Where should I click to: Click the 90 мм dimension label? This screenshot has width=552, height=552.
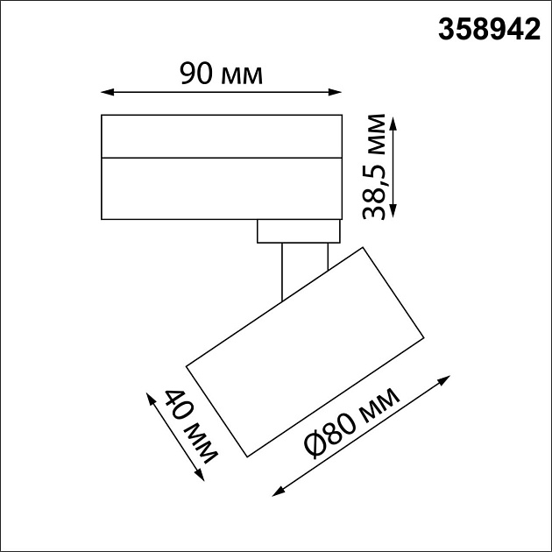coord(221,74)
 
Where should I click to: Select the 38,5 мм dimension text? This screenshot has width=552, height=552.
coord(377,166)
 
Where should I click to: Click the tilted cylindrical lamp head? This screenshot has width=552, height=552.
coord(307,350)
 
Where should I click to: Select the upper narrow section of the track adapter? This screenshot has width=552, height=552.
coord(221,137)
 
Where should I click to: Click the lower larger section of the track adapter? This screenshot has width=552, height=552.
coord(221,188)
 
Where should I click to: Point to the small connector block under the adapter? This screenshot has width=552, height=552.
coord(298,231)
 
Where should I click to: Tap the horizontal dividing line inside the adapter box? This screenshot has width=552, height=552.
coord(221,158)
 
